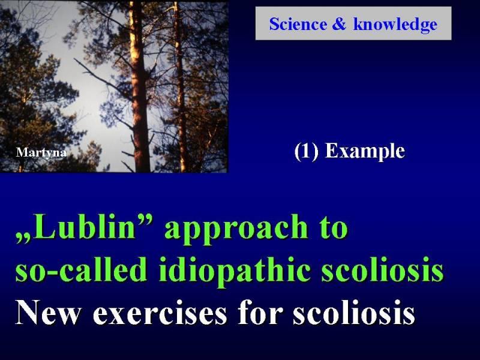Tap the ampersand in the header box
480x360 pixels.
coord(339,24)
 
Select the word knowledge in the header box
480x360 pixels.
coord(395,25)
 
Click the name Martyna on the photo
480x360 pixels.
coord(41,153)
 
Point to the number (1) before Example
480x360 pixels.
coord(306,151)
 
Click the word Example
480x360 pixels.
coord(365,152)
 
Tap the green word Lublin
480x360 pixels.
coord(85,226)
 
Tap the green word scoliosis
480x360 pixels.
coord(382,269)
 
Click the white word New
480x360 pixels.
coord(48,312)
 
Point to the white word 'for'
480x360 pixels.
coord(260,311)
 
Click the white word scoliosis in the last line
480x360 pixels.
coord(354,312)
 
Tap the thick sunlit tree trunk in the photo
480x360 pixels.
coord(139,92)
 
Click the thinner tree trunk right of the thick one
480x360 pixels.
coord(181,92)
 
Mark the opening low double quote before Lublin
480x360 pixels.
coord(23,238)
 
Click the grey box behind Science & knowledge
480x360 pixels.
coord(353,23)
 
